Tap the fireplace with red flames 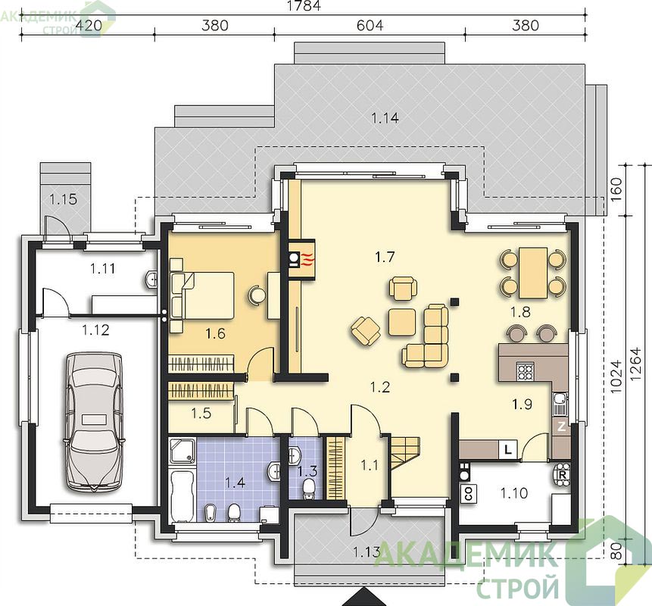[301, 259]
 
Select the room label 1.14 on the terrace [385, 118]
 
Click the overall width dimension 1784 [304, 6]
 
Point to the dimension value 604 [370, 25]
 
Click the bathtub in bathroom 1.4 [182, 495]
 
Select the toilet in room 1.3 [308, 489]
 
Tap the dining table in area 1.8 [532, 273]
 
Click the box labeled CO [469, 494]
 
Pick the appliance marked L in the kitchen [507, 449]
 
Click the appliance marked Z [561, 426]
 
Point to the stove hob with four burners [525, 371]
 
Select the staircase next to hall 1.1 [404, 452]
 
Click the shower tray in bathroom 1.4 [183, 451]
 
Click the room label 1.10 [514, 493]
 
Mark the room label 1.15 [63, 199]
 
